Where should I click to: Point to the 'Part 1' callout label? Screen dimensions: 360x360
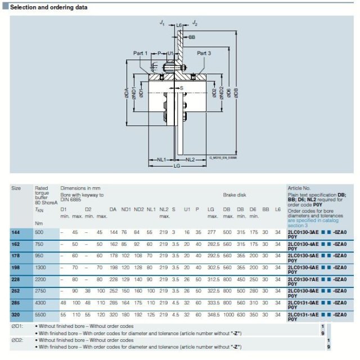pos(140,53)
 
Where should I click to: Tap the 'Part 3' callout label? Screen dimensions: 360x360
pos(204,53)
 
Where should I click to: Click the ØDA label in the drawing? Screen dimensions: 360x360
pos(126,92)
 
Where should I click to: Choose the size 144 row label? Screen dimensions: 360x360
pos(16,232)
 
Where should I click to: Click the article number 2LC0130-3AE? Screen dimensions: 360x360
pos(304,232)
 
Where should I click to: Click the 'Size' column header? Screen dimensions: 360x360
pos(16,188)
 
